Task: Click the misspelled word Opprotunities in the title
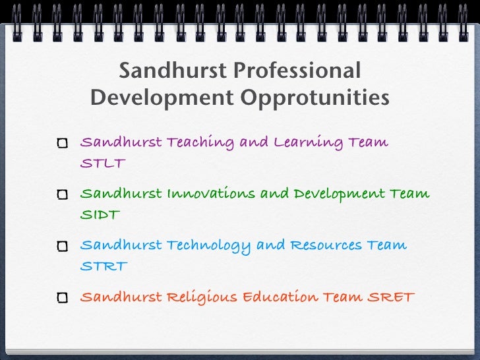pos(315,98)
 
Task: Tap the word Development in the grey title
pos(160,98)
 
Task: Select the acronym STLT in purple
pos(102,164)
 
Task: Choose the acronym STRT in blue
pos(103,266)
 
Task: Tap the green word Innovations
pos(211,194)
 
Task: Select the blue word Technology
pos(208,246)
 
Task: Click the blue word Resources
pos(327,245)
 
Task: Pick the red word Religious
pos(201,297)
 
